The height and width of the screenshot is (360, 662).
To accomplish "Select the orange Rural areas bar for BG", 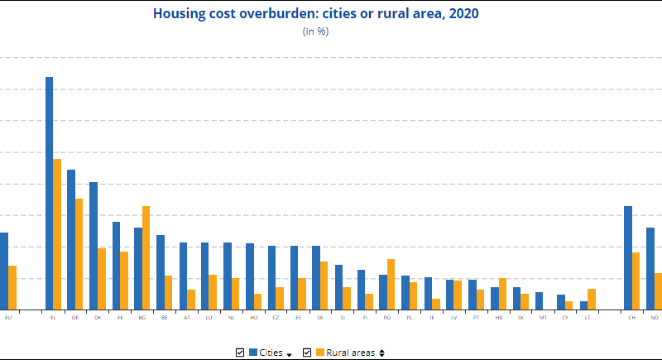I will point(146,257).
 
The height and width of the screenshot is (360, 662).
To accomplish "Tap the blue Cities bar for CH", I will point(628,257).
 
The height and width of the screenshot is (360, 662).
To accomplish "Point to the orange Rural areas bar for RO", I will point(391,284).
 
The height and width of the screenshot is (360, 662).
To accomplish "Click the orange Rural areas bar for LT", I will point(592,299).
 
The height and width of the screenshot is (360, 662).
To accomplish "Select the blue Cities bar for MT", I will point(539,300).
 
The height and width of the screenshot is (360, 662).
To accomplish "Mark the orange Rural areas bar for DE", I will point(79,253).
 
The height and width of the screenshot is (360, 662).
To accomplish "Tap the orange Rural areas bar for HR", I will point(503,294).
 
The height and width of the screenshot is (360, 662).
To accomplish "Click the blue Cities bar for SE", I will point(316,277).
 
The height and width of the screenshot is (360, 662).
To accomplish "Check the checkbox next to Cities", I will point(240,353).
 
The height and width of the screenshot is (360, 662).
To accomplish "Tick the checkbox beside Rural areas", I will point(307,353).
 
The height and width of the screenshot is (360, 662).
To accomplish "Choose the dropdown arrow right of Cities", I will point(290,354).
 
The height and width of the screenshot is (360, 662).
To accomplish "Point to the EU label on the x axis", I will point(8,317).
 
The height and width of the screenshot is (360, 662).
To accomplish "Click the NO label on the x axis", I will point(655,317).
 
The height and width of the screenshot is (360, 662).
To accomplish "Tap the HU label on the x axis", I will point(253,317).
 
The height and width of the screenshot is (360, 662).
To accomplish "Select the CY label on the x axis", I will point(565,317).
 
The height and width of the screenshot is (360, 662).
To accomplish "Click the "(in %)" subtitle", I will point(316,31).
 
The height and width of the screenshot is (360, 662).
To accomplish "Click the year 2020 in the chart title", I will point(463,13).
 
